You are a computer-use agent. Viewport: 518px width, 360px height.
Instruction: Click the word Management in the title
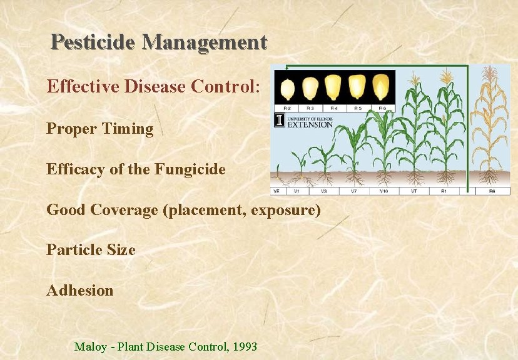pos(205,42)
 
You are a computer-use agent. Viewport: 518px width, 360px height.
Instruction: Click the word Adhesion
pos(80,291)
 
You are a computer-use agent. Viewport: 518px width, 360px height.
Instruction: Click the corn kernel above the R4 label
pos(335,88)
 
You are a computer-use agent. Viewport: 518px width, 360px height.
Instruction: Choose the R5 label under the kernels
pos(358,108)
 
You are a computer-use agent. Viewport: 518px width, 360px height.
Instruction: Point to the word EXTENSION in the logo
pos(310,124)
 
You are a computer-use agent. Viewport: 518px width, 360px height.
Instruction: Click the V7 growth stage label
pos(353,191)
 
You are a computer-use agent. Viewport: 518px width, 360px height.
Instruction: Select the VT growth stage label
pos(414,191)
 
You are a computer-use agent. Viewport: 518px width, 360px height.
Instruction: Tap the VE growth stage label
pos(276,191)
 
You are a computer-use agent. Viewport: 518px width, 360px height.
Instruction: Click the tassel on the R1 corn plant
pos(446,78)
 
